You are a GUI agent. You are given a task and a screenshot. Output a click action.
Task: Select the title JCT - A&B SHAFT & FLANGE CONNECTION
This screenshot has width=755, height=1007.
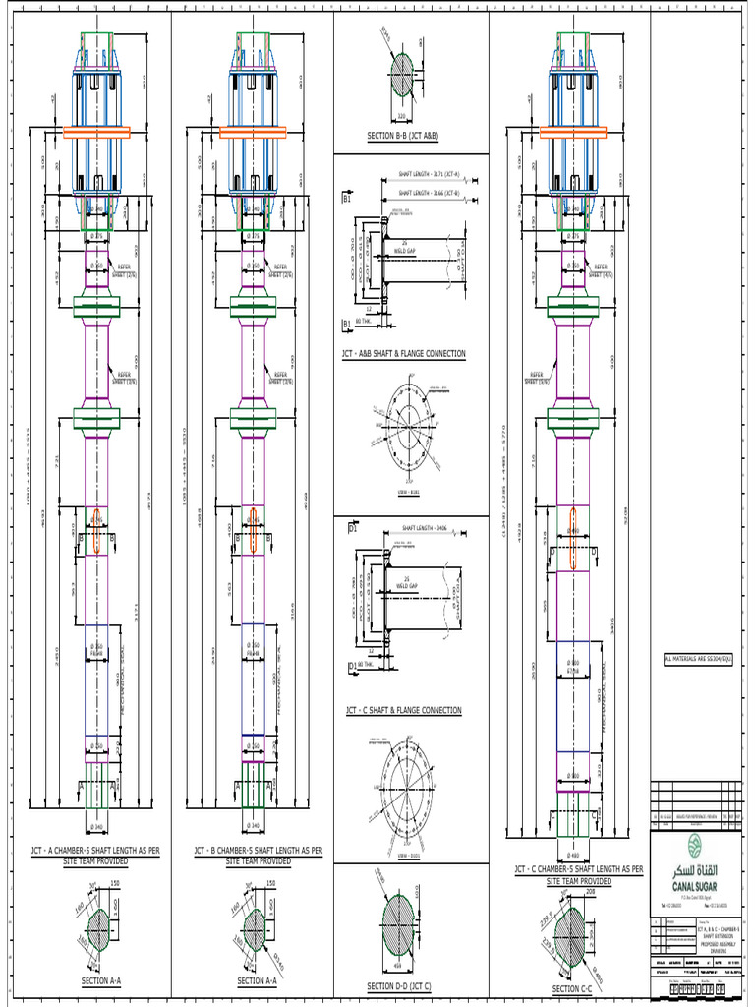pyautogui.click(x=403, y=353)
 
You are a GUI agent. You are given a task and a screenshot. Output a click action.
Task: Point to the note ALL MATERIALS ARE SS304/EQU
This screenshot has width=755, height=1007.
pyautogui.click(x=703, y=658)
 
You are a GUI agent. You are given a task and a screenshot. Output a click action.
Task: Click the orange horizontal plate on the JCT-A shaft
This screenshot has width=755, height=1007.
pyautogui.click(x=97, y=131)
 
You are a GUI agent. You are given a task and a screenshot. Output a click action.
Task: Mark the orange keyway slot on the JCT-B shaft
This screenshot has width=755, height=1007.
pyautogui.click(x=254, y=531)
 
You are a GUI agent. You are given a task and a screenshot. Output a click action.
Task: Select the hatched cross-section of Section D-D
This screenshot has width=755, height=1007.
pyautogui.click(x=405, y=923)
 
